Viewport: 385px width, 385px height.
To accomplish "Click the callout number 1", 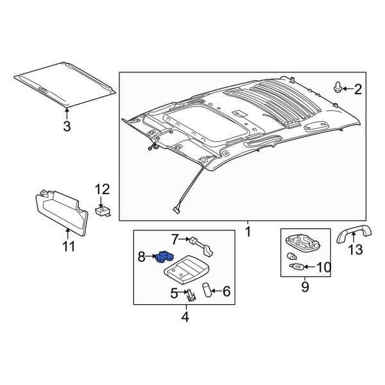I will click(x=248, y=227).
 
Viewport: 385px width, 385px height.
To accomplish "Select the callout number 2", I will click(x=357, y=89).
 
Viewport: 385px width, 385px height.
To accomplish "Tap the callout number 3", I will click(x=66, y=126).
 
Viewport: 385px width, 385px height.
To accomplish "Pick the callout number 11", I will click(x=68, y=246).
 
